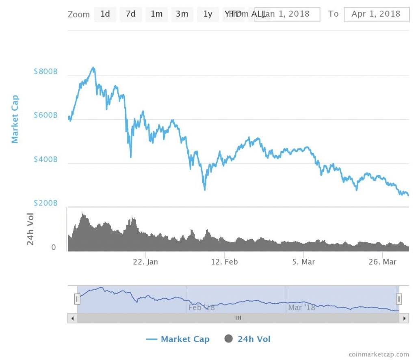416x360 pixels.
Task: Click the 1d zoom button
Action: click(105, 14)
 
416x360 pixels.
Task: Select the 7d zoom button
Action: click(131, 14)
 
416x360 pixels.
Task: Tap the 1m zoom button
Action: click(156, 14)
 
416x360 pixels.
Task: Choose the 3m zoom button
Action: click(182, 14)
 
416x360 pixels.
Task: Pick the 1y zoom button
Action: click(208, 14)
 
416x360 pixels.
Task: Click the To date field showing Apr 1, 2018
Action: click(376, 14)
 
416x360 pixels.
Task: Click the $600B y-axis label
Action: click(45, 116)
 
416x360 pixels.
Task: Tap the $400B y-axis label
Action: click(45, 160)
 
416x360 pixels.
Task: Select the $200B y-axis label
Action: click(45, 203)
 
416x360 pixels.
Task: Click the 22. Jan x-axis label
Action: click(145, 262)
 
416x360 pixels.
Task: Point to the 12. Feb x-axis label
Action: click(225, 262)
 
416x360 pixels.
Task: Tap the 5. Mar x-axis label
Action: click(303, 262)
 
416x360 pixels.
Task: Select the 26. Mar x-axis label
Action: click(382, 262)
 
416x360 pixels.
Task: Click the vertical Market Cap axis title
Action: click(15, 119)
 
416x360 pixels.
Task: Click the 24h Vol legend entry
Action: click(247, 339)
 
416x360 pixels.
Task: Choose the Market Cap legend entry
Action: click(178, 339)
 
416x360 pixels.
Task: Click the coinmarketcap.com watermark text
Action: click(378, 354)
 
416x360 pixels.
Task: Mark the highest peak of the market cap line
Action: click(93, 68)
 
